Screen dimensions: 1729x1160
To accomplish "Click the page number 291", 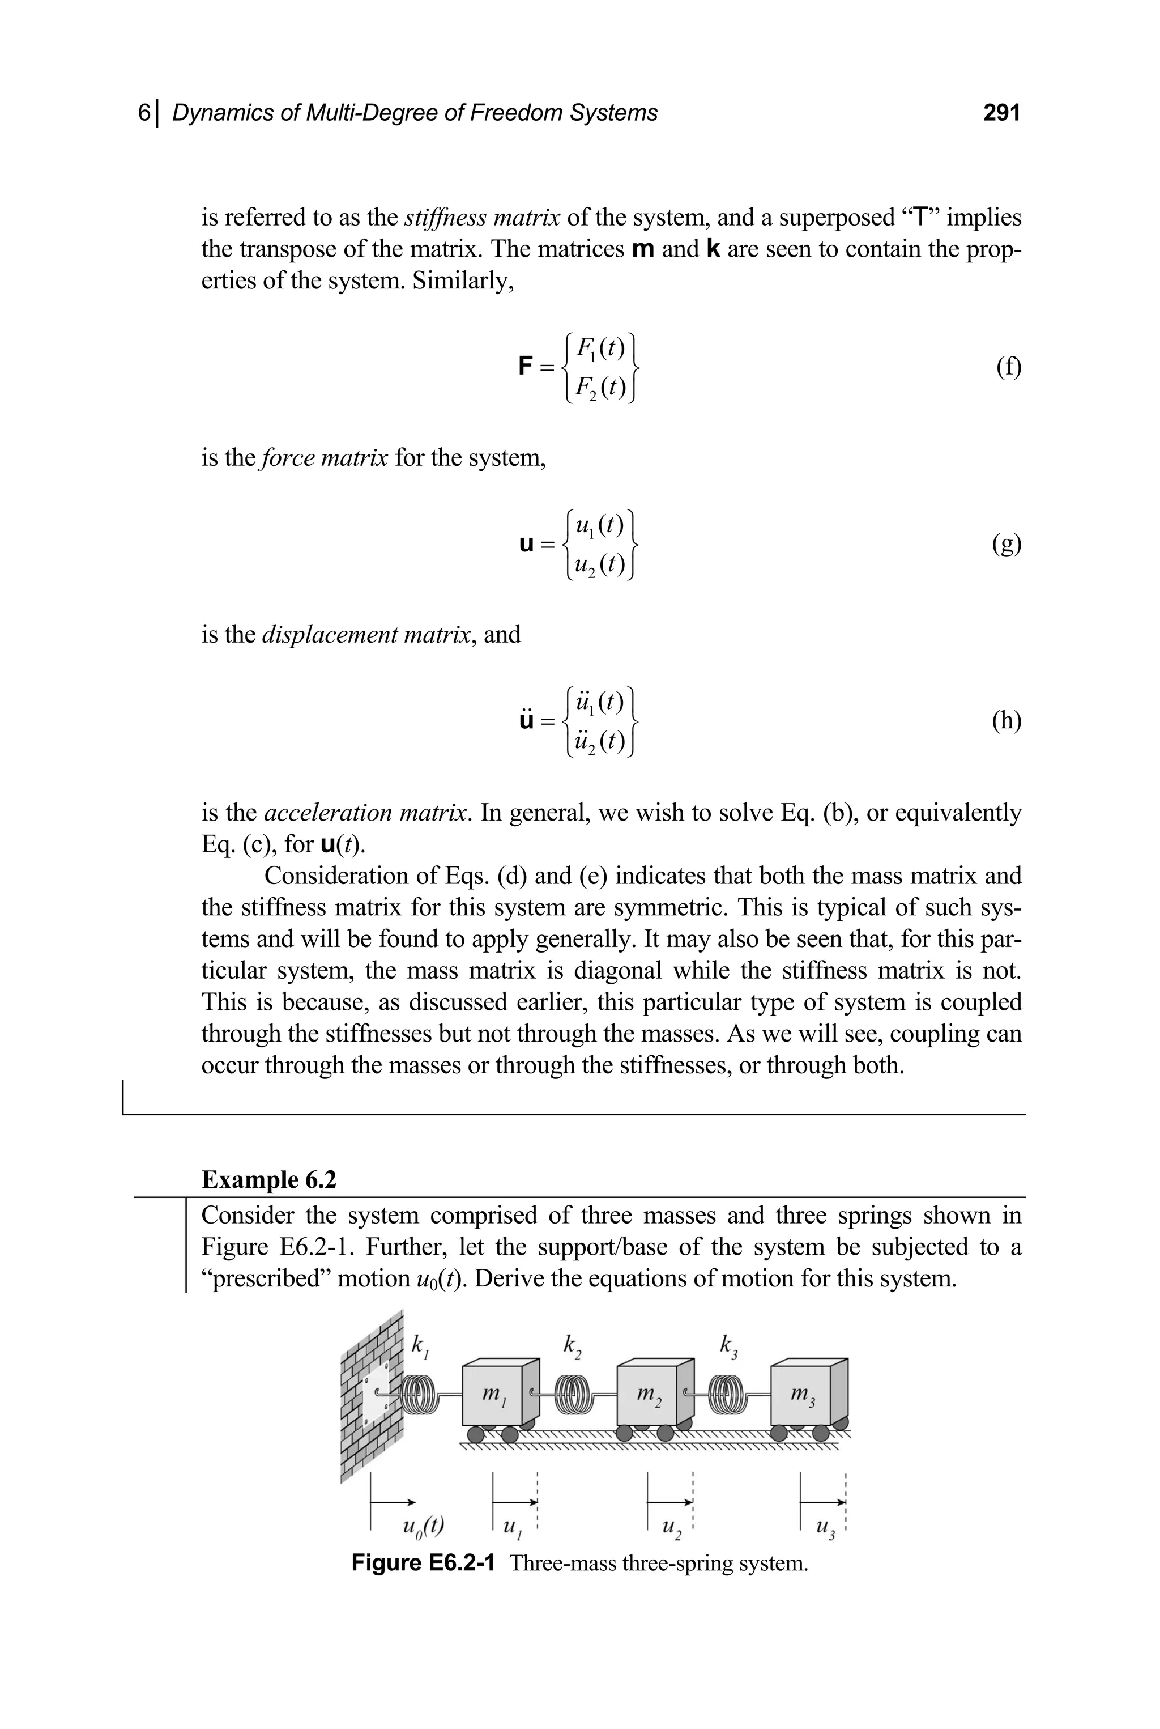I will click(x=1001, y=113).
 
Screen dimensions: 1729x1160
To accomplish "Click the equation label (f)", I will click(x=1008, y=367).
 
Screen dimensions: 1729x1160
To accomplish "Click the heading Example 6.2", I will click(x=268, y=1180).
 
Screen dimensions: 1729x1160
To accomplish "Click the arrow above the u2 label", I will click(x=669, y=1502).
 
